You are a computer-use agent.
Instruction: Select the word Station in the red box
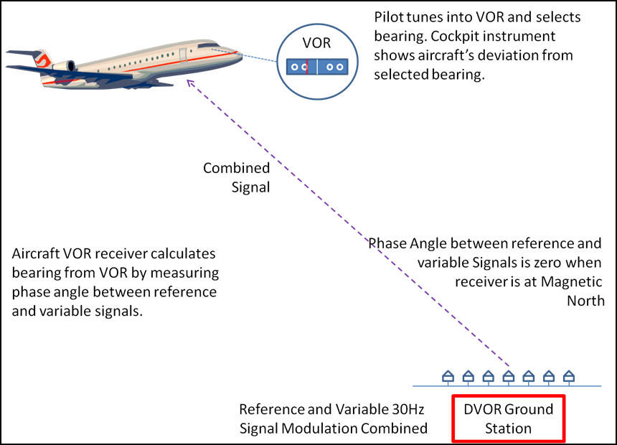click(x=508, y=428)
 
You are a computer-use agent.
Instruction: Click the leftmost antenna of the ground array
click(x=448, y=375)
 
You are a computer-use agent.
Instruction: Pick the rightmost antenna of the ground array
click(x=568, y=375)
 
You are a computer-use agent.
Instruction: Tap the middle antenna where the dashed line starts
click(x=508, y=375)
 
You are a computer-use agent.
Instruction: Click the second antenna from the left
click(x=468, y=375)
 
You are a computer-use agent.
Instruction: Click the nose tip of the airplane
click(x=242, y=54)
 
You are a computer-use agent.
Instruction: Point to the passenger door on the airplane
click(x=183, y=54)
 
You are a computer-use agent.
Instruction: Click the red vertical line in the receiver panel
click(x=306, y=67)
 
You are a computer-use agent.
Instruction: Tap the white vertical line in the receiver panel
click(x=317, y=67)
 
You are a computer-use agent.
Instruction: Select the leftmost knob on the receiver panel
click(x=294, y=67)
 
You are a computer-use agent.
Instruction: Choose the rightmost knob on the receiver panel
click(x=340, y=67)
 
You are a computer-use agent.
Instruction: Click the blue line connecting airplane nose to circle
click(x=260, y=58)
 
